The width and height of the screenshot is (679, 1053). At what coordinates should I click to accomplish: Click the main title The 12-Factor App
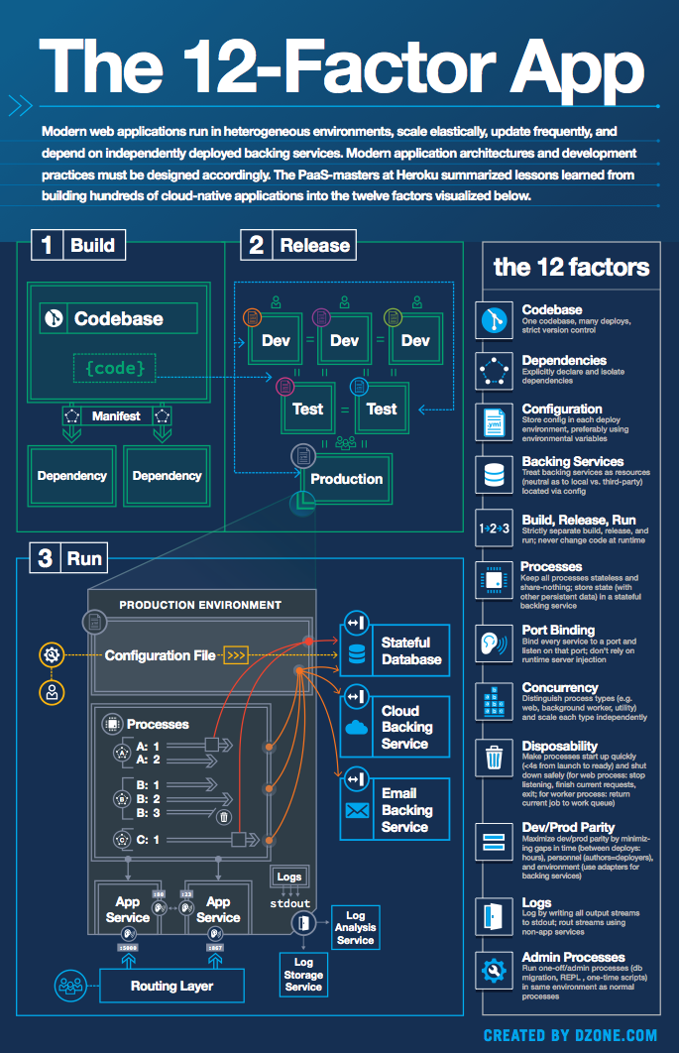point(340,69)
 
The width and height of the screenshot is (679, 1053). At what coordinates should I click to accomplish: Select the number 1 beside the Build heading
point(47,245)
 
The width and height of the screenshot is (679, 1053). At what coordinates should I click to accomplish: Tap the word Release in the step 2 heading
point(314,245)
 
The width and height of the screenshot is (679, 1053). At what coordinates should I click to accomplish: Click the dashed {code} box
point(114,369)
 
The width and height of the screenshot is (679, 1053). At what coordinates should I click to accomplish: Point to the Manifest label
point(116,415)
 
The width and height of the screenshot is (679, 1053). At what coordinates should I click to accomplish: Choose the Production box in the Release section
point(346,479)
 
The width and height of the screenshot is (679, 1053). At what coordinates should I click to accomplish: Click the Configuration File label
point(161,655)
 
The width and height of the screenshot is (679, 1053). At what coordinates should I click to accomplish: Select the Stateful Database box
point(396,651)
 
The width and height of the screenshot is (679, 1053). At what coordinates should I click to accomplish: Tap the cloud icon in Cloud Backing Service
point(356,727)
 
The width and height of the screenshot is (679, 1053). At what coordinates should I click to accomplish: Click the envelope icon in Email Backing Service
point(356,810)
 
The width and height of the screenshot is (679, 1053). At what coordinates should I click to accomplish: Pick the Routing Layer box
point(171,986)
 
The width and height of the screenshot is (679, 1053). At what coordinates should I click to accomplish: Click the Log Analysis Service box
point(355,927)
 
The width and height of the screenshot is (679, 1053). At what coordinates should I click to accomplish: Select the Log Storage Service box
point(303,974)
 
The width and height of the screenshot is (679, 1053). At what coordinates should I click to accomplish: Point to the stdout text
point(289,903)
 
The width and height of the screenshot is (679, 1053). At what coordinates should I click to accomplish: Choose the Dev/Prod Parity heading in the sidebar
point(568,827)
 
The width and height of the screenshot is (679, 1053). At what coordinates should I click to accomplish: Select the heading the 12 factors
point(571,267)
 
